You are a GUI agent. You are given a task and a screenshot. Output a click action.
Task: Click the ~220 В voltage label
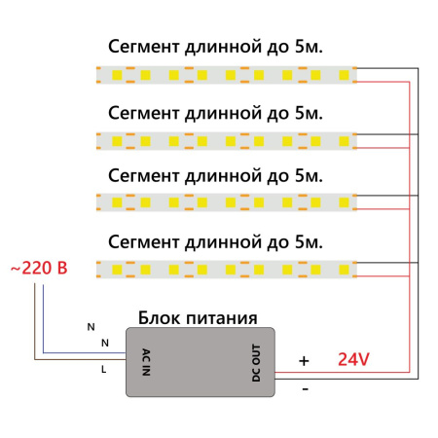tap(38, 267)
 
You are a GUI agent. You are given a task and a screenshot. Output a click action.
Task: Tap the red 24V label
tap(353, 359)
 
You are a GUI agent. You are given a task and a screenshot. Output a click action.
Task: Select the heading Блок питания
tap(198, 318)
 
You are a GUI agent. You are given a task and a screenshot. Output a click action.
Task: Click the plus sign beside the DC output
tap(304, 360)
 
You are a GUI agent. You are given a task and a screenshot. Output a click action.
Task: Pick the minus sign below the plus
tap(305, 389)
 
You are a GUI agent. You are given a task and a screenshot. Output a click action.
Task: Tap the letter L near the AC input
tap(104, 370)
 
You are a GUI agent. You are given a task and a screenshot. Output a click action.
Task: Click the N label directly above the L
tap(104, 343)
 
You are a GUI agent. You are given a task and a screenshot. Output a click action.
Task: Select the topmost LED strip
tap(227, 74)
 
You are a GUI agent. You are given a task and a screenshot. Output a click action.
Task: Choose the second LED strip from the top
tap(227, 138)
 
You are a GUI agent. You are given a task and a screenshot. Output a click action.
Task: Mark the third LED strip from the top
tap(227, 202)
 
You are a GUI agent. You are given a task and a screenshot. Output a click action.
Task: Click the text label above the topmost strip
tap(215, 47)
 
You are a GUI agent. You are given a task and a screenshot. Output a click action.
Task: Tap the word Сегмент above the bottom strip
tap(143, 239)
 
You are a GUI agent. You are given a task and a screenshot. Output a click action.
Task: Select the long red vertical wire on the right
tap(409, 224)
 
